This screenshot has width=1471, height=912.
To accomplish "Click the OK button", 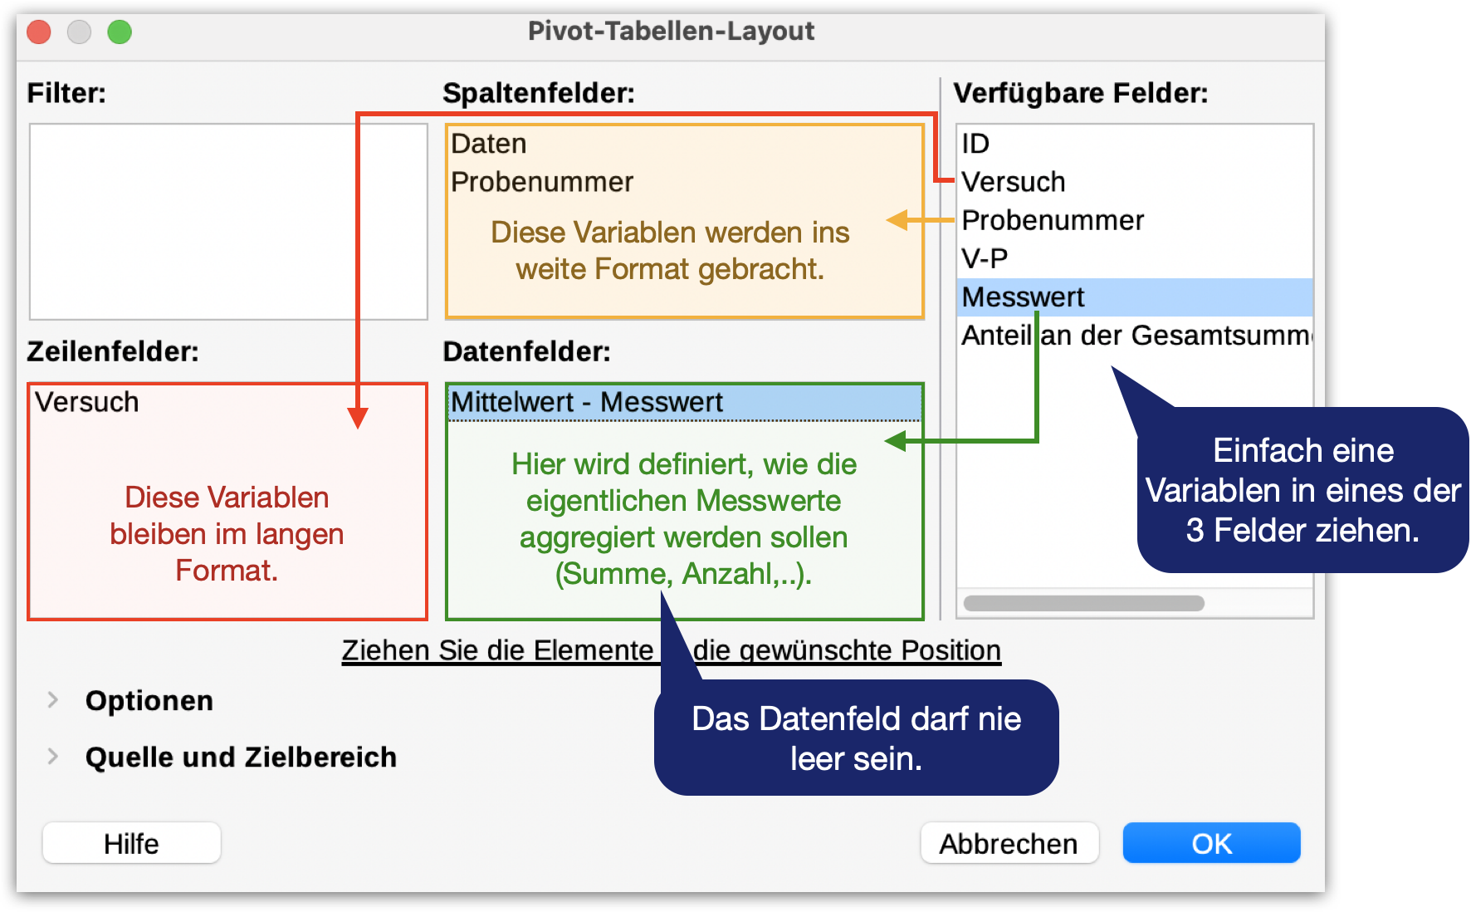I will coord(1211,843).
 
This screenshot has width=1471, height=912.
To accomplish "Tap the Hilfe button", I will coord(131,843).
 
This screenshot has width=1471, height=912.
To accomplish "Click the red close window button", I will coord(39,32).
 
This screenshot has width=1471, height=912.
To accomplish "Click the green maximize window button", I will coord(120,32).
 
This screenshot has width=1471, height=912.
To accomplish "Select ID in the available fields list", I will coord(975,144).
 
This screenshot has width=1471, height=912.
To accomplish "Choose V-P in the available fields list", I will coord(985,258).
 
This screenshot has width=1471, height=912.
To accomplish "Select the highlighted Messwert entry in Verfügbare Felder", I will coord(1023,297).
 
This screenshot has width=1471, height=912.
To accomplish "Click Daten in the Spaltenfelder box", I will coord(489,144).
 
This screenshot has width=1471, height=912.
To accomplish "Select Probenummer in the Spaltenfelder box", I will coord(542,182).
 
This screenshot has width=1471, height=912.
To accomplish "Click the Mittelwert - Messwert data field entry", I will coord(587,403).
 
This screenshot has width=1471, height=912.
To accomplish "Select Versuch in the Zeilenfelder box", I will coord(87,402).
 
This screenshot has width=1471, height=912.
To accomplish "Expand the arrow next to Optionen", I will coord(53,700).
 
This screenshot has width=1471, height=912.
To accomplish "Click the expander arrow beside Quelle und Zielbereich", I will coord(53,757).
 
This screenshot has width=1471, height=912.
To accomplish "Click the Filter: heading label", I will coord(66,93).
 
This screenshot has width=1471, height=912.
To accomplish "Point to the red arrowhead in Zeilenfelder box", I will coord(358,417).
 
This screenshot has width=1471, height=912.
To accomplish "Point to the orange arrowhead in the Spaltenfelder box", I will coord(897,220).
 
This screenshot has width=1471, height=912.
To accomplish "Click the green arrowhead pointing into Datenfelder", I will coord(896,440).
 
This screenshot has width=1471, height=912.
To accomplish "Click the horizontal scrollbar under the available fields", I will coord(1083,603).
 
